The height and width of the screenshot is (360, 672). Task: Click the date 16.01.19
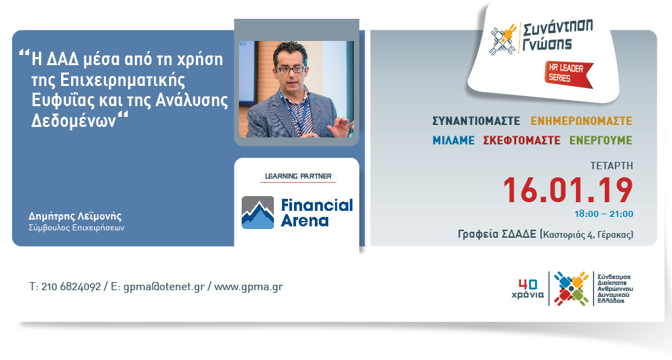coord(568,190)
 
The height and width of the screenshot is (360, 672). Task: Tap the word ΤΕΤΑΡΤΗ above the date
coord(612,166)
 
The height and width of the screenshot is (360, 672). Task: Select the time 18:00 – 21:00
coord(604,214)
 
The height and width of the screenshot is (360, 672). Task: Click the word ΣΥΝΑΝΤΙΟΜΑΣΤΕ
coord(476,121)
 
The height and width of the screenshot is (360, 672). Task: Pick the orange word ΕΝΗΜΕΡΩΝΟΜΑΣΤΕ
coord(581,121)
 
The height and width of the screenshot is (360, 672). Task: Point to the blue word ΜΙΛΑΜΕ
coord(453,140)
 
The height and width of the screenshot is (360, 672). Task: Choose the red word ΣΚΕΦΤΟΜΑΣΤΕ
coord(522,140)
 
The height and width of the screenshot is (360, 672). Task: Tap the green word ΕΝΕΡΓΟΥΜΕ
coord(601,140)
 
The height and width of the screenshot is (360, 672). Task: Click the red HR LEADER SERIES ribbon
coord(569,74)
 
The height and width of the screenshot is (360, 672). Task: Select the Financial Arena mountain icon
coord(258,212)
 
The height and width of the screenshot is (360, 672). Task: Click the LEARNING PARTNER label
coord(298,176)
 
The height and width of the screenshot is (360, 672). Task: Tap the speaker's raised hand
coord(341,126)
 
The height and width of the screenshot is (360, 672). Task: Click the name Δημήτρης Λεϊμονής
coord(75,216)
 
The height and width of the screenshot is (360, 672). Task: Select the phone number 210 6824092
coord(71,287)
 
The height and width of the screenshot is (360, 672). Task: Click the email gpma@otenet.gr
coord(164,287)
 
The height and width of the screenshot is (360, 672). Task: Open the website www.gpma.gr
coord(248,287)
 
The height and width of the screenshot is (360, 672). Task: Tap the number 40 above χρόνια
coord(528,284)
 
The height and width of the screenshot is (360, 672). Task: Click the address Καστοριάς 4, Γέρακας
coord(587,235)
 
